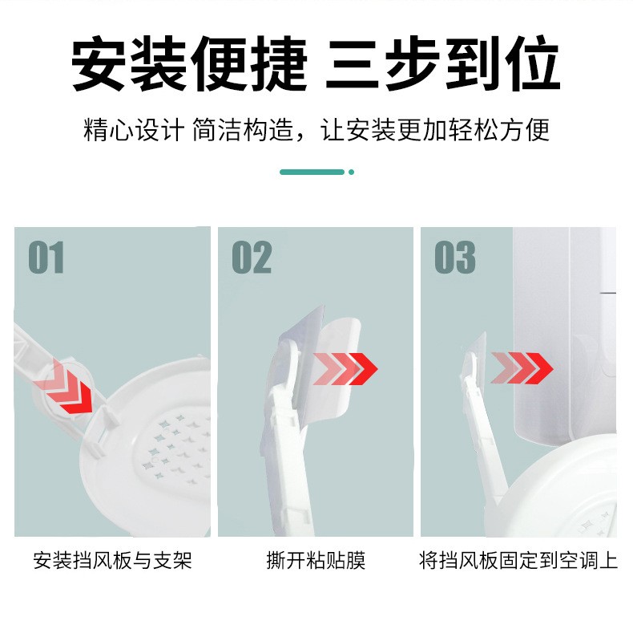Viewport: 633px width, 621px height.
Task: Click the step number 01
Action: pyautogui.click(x=46, y=257)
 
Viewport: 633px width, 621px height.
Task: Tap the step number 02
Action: pyautogui.click(x=252, y=257)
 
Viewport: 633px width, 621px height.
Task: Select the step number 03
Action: pyautogui.click(x=455, y=257)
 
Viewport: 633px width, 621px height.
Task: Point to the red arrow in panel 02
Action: pyautogui.click(x=345, y=369)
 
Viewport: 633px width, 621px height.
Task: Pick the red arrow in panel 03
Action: pyautogui.click(x=522, y=368)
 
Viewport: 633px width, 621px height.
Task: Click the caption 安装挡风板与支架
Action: pyautogui.click(x=112, y=560)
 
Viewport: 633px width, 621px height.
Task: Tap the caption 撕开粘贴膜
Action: pyautogui.click(x=316, y=560)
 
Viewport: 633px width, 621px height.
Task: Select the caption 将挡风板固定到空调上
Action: pyautogui.click(x=518, y=560)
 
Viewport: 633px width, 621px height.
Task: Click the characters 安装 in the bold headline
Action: pyautogui.click(x=128, y=63)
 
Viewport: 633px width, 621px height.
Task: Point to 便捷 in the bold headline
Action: pyautogui.click(x=249, y=63)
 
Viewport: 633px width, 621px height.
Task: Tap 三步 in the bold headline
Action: pyautogui.click(x=382, y=63)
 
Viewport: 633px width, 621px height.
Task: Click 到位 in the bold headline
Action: pyautogui.click(x=503, y=63)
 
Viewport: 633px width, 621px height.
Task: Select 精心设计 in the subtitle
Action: pyautogui.click(x=134, y=130)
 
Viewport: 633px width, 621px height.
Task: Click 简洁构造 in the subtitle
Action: pyautogui.click(x=242, y=130)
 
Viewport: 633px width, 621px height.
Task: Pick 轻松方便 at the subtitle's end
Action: pyautogui.click(x=499, y=130)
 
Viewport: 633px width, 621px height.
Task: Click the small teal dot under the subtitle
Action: pyautogui.click(x=351, y=172)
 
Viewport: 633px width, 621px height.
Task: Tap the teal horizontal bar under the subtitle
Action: pyautogui.click(x=312, y=172)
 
